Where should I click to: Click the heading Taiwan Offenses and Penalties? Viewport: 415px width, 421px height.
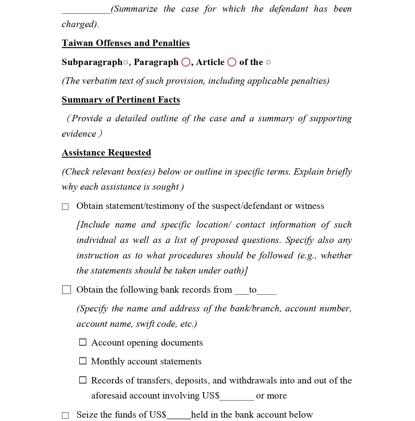(126, 43)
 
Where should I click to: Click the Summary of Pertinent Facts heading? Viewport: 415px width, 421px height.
(121, 100)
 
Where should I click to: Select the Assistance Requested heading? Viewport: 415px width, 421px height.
(106, 153)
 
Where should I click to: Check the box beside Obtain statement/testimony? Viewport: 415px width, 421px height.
(65, 207)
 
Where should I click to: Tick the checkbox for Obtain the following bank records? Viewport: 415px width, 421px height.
(66, 290)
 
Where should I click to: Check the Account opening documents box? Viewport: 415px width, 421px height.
(82, 342)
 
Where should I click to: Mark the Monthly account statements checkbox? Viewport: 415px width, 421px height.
(82, 361)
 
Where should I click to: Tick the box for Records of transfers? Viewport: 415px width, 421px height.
(82, 380)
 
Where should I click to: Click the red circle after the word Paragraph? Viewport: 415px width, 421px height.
(186, 62)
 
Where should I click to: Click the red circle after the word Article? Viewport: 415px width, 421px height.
(232, 62)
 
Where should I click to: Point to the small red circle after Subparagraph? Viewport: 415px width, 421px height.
(125, 63)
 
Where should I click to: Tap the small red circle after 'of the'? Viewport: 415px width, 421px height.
(268, 63)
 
